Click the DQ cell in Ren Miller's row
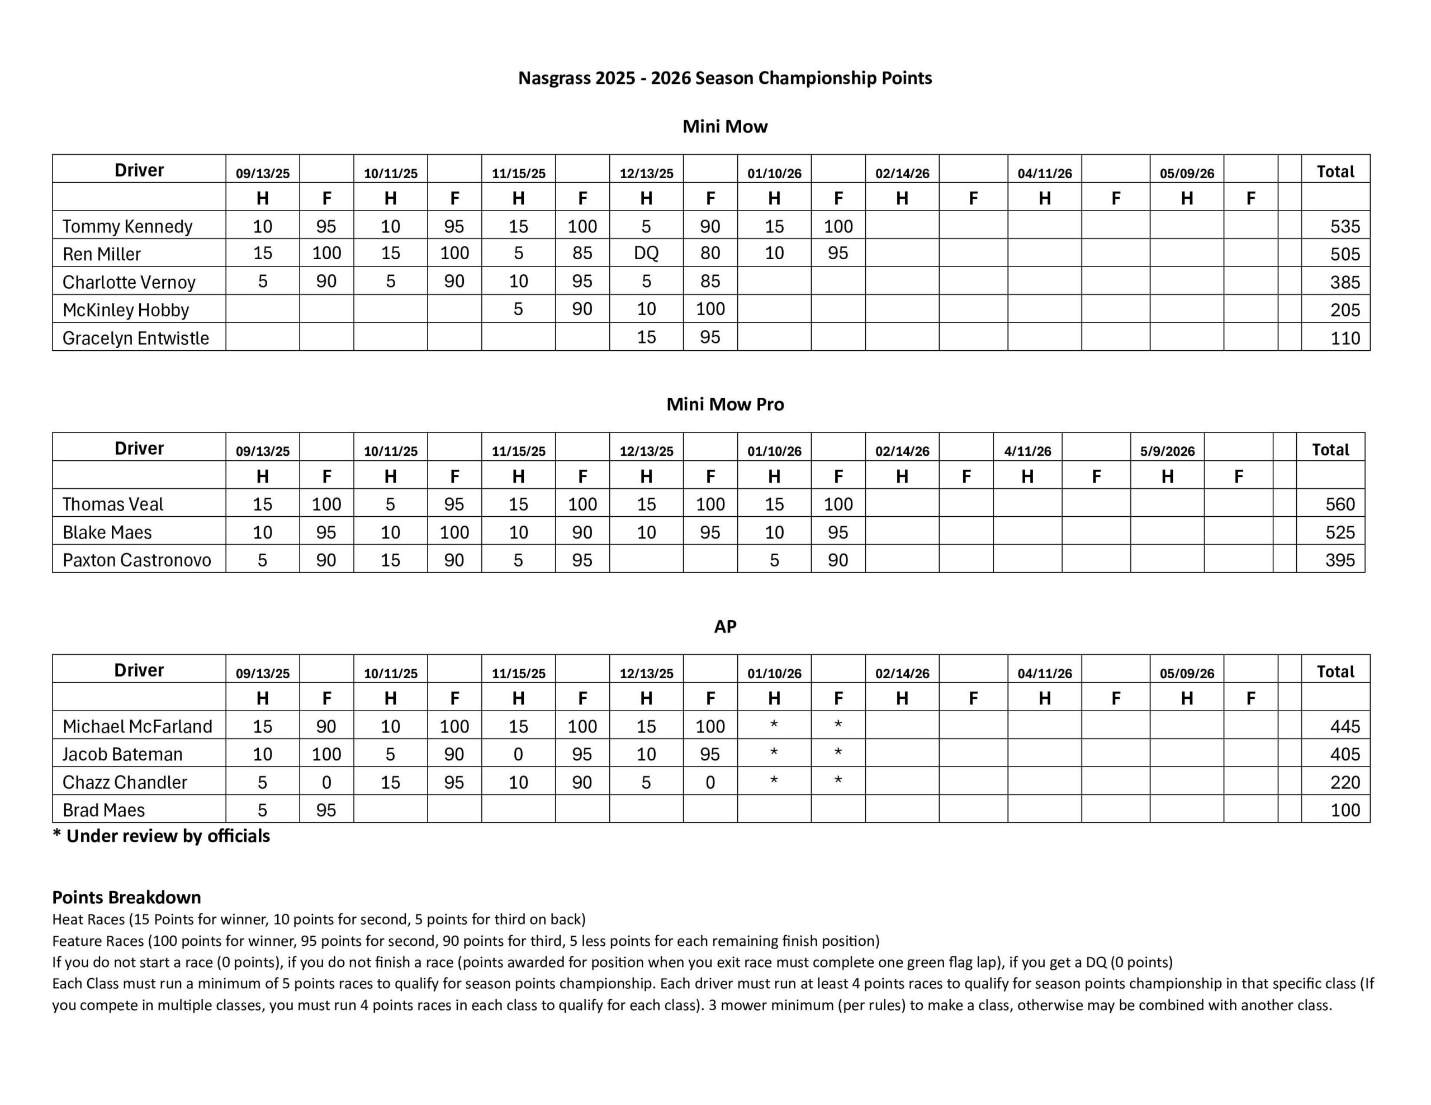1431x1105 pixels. pos(646,254)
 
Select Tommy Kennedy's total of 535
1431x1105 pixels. pos(1344,227)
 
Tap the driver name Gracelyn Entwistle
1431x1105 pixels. pos(136,338)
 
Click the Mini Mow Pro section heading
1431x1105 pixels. pos(724,404)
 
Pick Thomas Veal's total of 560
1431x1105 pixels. pos(1339,504)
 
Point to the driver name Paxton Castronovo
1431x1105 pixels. pos(137,560)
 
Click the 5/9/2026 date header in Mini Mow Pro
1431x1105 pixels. pos(1167,451)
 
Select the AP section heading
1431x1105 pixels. pos(724,627)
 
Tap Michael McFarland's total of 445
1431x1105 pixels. pos(1344,726)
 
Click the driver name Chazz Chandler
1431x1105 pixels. pos(125,782)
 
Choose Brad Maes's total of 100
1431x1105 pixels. pos(1344,810)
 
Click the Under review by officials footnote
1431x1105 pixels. pos(161,836)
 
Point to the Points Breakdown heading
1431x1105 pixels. pos(126,897)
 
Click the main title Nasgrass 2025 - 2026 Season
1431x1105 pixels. pos(724,78)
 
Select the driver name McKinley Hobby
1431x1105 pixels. pos(126,310)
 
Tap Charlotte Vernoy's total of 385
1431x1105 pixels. pos(1344,282)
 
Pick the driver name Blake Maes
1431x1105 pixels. pos(107,532)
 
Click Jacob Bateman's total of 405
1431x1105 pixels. pos(1344,755)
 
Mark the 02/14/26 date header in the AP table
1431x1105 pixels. pos(902,673)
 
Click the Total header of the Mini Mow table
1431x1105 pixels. pos(1335,172)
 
